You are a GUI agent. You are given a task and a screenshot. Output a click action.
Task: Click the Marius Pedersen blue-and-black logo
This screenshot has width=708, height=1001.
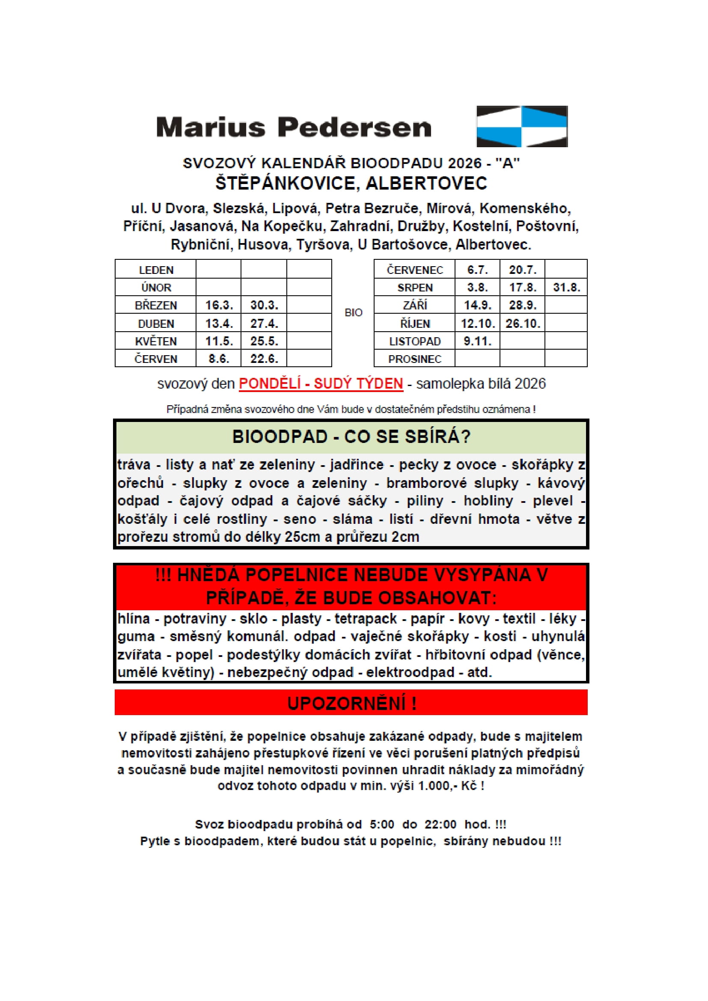pos(522,126)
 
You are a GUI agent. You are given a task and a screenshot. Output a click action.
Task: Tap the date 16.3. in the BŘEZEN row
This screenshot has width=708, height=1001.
pos(219,305)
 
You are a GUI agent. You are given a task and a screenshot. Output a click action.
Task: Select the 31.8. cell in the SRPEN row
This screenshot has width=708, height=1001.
pos(566,287)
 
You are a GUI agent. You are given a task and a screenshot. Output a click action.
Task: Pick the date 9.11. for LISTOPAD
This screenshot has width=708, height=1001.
pos(477,341)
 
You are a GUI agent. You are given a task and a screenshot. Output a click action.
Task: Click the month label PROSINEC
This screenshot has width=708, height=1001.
pos(415,359)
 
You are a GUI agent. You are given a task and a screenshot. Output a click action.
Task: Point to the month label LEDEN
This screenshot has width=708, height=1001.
pos(156,270)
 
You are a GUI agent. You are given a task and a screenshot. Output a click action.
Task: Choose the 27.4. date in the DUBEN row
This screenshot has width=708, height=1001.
pos(264,324)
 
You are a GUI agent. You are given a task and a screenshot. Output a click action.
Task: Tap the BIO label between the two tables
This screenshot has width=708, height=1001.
pos(353,312)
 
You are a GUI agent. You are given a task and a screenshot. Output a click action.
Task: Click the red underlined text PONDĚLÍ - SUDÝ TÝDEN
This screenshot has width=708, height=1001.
pos(321,383)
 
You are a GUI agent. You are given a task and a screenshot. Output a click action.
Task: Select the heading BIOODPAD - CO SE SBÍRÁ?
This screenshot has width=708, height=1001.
pos(351,437)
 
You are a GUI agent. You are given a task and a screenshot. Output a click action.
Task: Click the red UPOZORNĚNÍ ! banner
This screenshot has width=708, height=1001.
pos(351,703)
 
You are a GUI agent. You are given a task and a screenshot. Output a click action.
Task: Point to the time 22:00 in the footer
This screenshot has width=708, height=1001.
pos(440,824)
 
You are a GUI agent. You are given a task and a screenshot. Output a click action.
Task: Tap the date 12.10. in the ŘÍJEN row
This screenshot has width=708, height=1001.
pos(478,324)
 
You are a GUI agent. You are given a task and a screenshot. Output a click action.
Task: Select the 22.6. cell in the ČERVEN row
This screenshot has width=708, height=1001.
pos(264,359)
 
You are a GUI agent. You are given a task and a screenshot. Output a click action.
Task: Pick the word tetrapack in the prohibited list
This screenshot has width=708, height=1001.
pos(365,619)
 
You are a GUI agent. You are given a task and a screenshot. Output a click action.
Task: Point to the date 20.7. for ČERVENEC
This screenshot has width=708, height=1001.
pos(522,270)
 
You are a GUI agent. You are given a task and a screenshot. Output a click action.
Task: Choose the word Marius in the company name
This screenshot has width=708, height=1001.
pos(211,128)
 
